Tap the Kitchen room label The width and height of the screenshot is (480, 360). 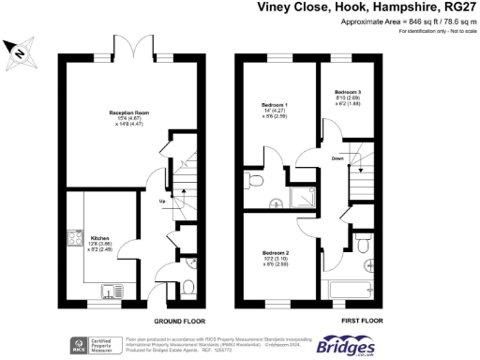(x=99, y=238)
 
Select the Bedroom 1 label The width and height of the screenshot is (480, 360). (x=274, y=104)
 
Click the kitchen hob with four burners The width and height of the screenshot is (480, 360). (x=72, y=239)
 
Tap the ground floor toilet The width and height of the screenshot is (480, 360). (x=187, y=286)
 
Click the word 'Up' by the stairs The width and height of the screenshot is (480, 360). (x=162, y=202)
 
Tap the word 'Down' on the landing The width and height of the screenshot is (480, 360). (x=337, y=158)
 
